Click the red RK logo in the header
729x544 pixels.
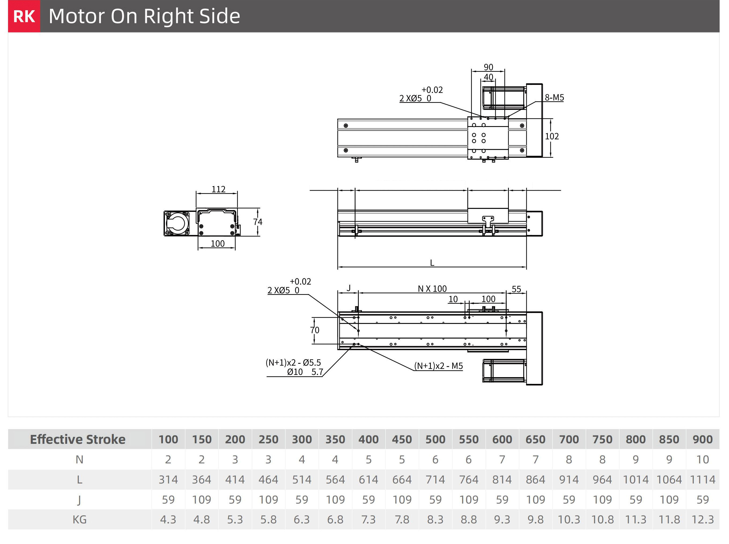coord(24,16)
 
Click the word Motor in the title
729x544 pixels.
coord(76,16)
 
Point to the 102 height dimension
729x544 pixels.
coord(552,136)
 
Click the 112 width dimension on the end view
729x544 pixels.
coord(218,189)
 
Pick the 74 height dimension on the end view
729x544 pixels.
coord(258,222)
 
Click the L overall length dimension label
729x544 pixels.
coord(432,263)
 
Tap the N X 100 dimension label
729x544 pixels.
coord(432,289)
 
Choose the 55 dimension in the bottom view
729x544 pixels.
coord(516,289)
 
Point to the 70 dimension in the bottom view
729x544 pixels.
coord(315,330)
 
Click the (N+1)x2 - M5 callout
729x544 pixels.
coord(438,366)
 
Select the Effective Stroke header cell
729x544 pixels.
coord(78,439)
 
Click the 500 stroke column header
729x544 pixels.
coord(435,439)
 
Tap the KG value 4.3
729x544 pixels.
coord(168,520)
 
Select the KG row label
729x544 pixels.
coord(79,520)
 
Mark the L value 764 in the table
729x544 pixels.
coord(469,479)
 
